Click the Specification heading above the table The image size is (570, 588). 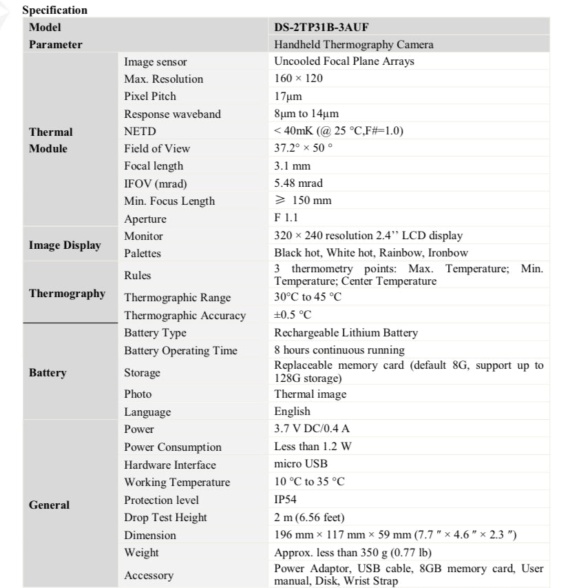click(55, 10)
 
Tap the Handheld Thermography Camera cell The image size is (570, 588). click(354, 45)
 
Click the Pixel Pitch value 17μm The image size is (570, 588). click(288, 97)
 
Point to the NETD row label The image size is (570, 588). click(140, 131)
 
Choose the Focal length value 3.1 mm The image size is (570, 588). click(292, 166)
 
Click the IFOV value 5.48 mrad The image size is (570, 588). click(298, 183)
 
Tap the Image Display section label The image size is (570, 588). click(65, 245)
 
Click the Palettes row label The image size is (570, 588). click(142, 254)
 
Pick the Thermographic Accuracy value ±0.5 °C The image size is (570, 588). click(293, 315)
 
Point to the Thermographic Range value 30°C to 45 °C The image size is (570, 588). click(308, 297)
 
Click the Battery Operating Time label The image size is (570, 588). click(180, 351)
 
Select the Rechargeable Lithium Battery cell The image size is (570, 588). click(346, 333)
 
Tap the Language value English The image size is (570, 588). click(292, 412)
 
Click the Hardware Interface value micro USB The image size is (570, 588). click(301, 464)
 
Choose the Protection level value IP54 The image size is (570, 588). click(286, 500)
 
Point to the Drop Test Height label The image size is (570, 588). click(165, 518)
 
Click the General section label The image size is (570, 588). click(49, 505)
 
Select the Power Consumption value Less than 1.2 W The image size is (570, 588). click(313, 447)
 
